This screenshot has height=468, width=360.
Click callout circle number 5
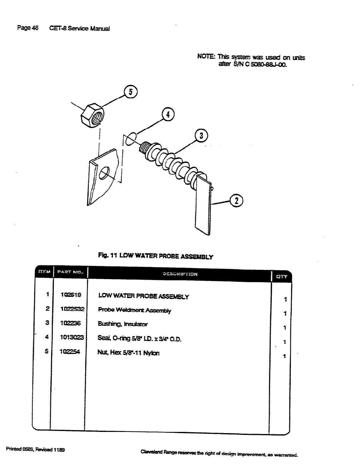point(130,92)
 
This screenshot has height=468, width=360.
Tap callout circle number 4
point(168,115)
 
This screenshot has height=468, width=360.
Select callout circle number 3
point(202,136)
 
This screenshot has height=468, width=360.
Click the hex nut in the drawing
point(93,114)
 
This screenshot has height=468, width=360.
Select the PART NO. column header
point(70,272)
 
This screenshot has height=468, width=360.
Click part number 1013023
point(72,337)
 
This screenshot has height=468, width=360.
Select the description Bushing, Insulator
point(123,324)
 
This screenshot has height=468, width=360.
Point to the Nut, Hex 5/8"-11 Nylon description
point(129,353)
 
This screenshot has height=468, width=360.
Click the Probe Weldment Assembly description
point(135,310)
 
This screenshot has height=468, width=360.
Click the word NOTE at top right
point(206,57)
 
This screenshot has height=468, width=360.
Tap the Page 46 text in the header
point(28,28)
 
